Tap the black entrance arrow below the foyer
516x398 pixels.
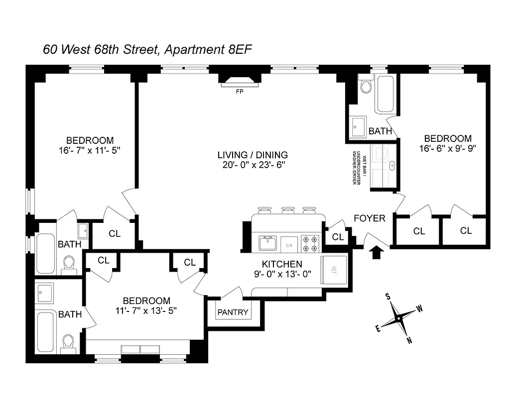(377, 252)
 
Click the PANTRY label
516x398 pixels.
(233, 313)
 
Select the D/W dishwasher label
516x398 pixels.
(289, 244)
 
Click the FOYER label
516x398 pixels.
(370, 218)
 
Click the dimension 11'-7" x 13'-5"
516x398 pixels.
(146, 310)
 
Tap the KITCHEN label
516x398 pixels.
(282, 264)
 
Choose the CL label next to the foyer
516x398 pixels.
(338, 237)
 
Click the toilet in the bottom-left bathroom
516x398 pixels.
(68, 341)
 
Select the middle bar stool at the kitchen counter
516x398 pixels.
(288, 210)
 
